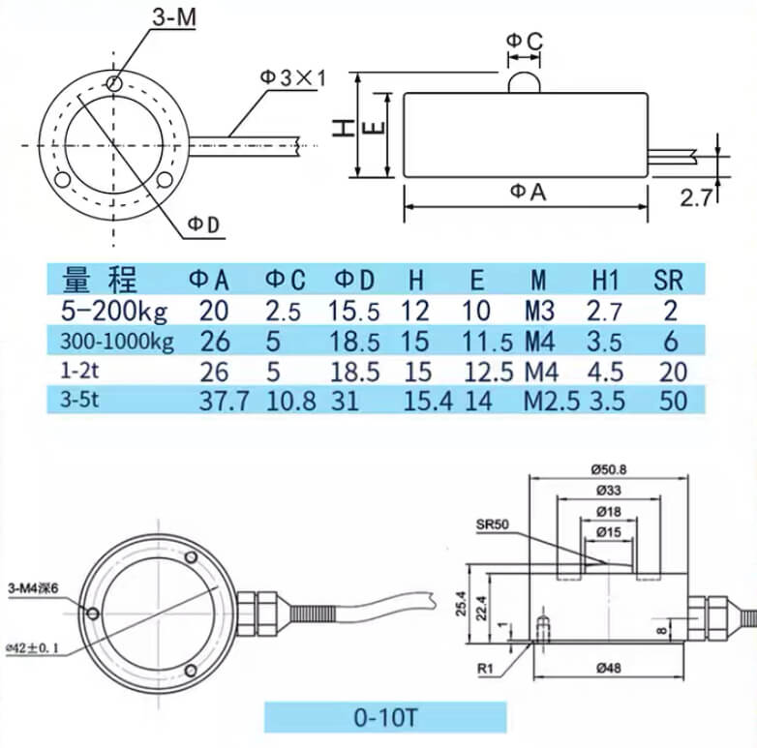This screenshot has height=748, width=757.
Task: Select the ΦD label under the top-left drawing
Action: [204, 224]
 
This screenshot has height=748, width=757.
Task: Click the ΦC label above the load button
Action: [524, 40]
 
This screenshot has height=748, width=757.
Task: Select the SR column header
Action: [668, 281]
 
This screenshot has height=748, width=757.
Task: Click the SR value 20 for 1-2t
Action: [670, 372]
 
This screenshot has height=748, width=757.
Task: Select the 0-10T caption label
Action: [385, 719]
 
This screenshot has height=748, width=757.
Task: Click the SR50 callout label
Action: [493, 525]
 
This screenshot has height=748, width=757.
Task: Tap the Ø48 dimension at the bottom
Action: [609, 668]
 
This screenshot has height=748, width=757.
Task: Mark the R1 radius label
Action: [486, 667]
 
